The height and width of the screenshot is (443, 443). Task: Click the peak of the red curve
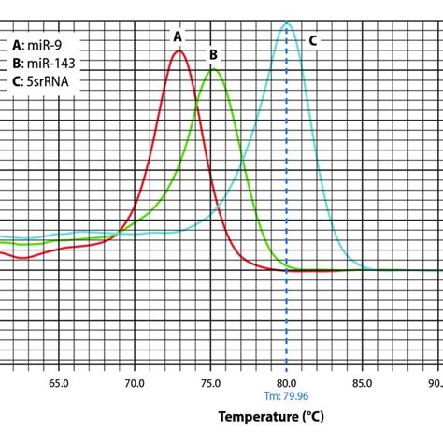tap(179, 50)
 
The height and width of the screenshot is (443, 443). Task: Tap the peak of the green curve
tap(213, 68)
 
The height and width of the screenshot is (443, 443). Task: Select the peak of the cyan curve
tap(287, 23)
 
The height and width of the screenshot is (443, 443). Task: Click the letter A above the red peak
tap(178, 36)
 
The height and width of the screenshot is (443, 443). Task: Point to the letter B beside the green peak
tap(213, 55)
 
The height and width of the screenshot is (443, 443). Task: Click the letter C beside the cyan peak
tap(312, 40)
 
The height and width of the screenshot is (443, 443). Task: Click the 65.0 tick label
tap(59, 382)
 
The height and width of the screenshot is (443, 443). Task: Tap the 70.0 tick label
tap(135, 382)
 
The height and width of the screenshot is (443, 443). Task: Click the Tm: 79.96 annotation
tap(286, 397)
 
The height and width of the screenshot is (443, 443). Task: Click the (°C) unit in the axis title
tap(315, 417)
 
